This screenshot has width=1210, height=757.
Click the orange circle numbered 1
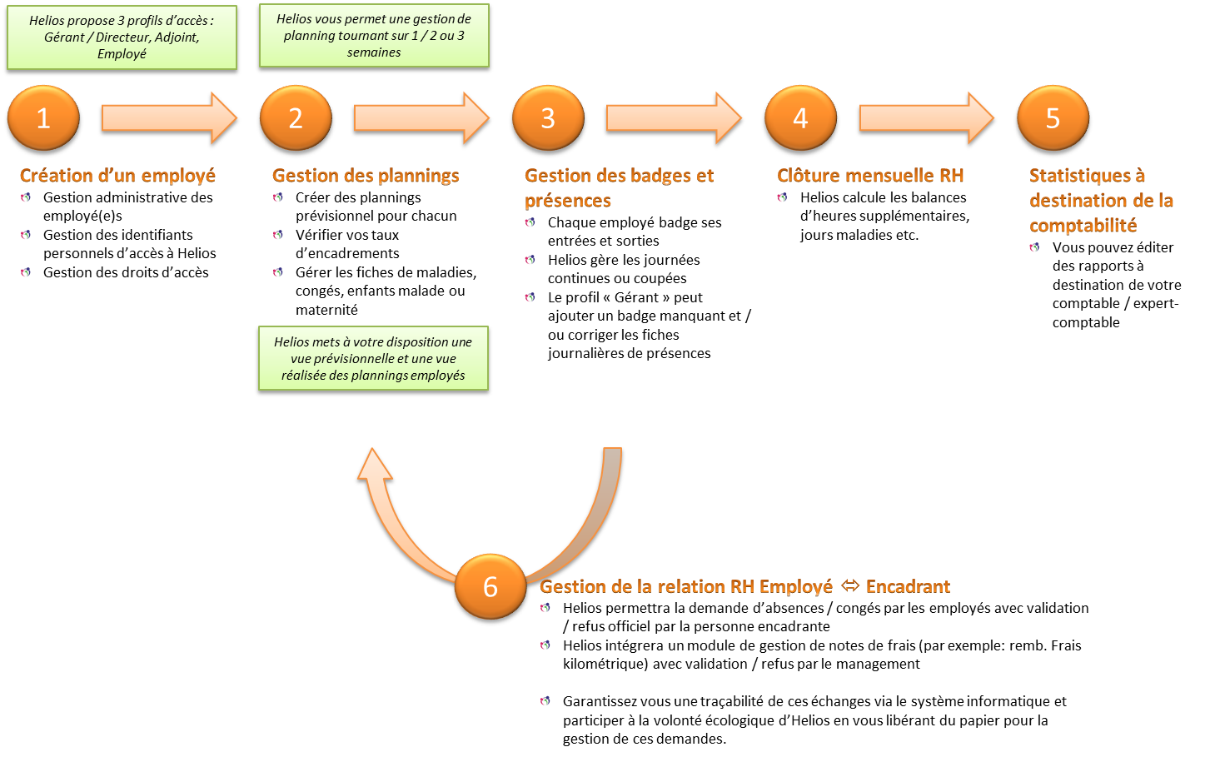click(x=43, y=119)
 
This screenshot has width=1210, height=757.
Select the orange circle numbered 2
click(x=296, y=119)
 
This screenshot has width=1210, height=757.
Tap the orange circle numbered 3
click(x=548, y=119)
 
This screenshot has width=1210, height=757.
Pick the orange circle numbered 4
click(x=800, y=119)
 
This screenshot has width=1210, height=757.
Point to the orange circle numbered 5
click(x=1053, y=119)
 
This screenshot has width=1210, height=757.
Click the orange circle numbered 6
click(x=490, y=587)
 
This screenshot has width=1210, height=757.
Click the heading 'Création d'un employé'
click(x=117, y=176)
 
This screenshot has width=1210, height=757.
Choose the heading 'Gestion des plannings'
click(x=366, y=176)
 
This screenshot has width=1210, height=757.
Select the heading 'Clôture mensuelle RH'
click(x=870, y=176)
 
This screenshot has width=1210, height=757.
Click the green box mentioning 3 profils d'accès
click(x=122, y=37)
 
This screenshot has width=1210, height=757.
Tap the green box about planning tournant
click(x=374, y=35)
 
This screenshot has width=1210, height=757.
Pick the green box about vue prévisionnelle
click(x=373, y=359)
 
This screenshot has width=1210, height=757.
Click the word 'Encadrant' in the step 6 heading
click(x=908, y=586)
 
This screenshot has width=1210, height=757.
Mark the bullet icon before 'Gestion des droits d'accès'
click(x=27, y=272)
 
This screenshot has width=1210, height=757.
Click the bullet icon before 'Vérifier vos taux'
click(x=278, y=235)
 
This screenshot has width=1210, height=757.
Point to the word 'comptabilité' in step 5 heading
click(x=1083, y=225)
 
